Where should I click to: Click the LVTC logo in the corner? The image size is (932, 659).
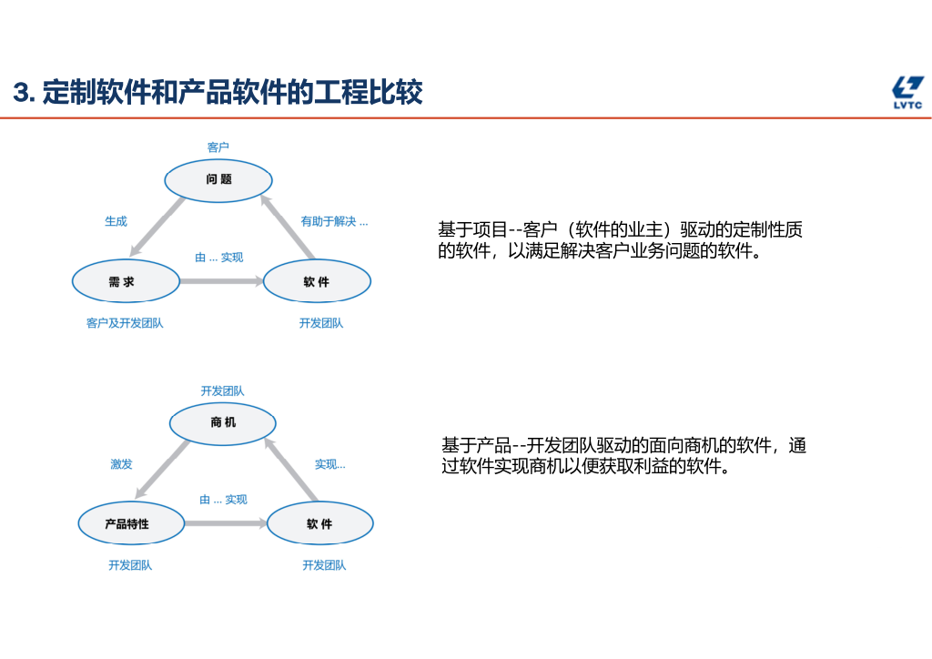coord(907,93)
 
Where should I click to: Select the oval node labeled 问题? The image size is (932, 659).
coord(218,179)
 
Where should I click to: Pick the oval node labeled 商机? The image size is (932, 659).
coord(222,422)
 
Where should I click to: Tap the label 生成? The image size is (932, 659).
coord(116,221)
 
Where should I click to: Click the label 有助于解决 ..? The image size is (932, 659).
coord(334,221)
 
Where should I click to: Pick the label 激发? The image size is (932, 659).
coord(121,464)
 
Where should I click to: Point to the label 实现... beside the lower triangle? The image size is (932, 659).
coord(330,464)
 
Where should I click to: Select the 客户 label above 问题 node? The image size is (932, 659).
coord(218,147)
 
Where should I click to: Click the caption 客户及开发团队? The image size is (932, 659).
coord(125,323)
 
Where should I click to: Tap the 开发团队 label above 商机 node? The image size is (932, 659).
coord(222,391)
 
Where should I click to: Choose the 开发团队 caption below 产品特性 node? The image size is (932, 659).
coord(130,565)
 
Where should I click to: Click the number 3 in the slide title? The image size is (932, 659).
coord(22,93)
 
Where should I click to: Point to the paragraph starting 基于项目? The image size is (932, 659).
coord(620,240)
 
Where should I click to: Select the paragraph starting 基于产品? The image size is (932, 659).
coord(623,456)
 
